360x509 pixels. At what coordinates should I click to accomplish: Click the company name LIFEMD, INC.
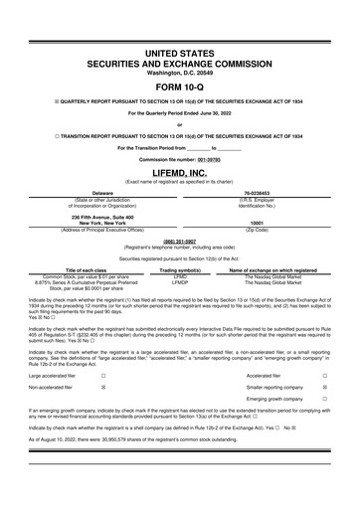(180, 173)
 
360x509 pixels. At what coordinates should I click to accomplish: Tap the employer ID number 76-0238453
(257, 193)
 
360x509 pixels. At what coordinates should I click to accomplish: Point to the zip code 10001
(257, 224)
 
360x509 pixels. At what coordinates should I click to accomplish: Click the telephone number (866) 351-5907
(180, 240)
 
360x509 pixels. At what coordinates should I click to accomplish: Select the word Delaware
(101, 193)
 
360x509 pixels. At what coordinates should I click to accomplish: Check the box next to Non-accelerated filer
(103, 365)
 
